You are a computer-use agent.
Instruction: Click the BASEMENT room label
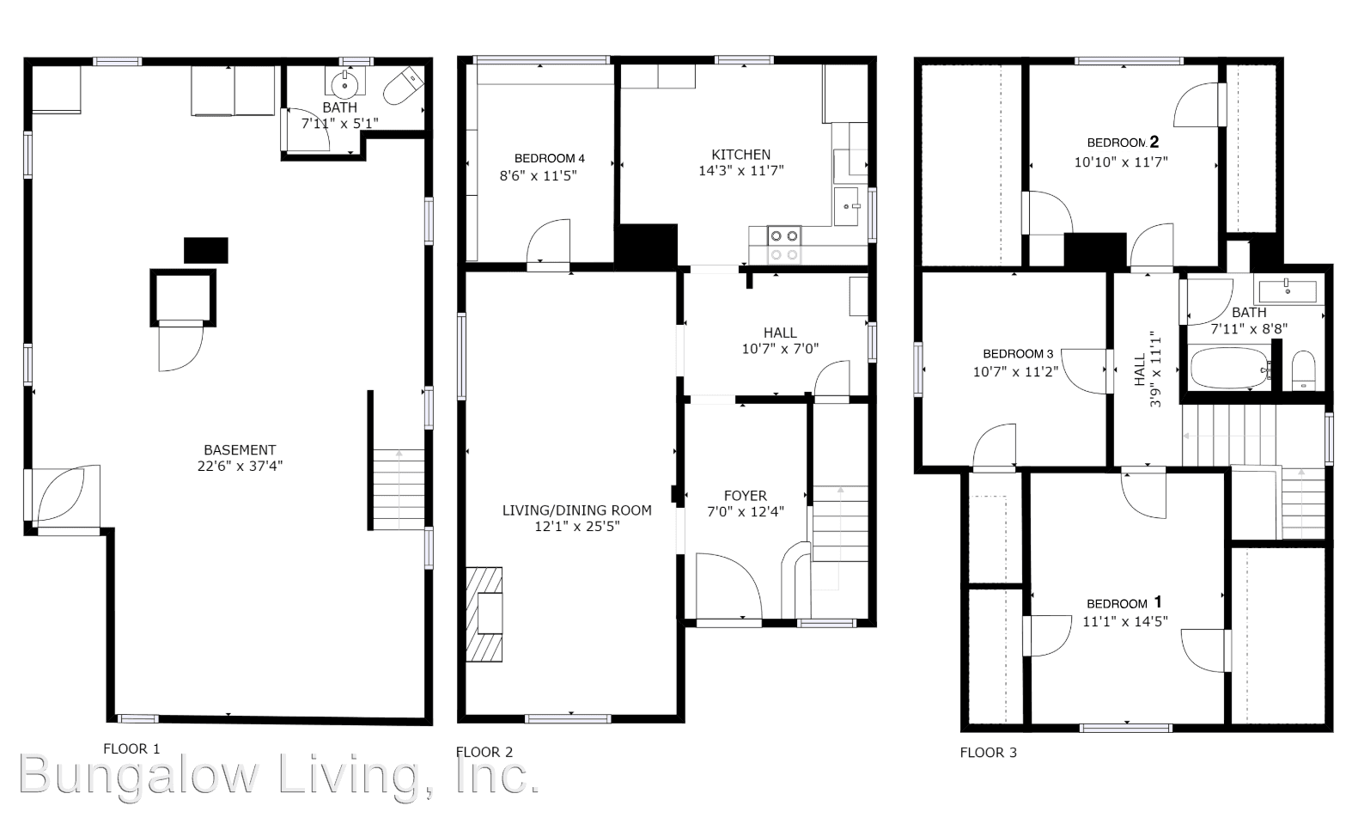coord(240,449)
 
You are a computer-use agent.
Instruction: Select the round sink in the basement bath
coord(345,84)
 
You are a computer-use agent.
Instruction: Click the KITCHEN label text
coord(740,155)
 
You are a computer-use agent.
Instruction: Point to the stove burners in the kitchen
coord(783,244)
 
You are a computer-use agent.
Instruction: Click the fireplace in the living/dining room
coord(485,613)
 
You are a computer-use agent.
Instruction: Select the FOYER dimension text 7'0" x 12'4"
coord(745,512)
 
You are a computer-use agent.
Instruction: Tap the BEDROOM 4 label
coord(549,158)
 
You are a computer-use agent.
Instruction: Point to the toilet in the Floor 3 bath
coord(1303,370)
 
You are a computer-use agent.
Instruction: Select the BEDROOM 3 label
coord(1018,354)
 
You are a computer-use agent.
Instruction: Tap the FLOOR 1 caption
coord(131,748)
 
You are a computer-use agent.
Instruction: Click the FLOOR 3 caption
coord(988,753)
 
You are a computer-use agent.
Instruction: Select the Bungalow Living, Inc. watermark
coord(279,775)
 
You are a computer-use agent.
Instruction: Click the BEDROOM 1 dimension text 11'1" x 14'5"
coord(1124,621)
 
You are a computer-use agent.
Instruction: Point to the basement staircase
coord(399,490)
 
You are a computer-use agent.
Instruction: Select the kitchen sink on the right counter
coord(850,207)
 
